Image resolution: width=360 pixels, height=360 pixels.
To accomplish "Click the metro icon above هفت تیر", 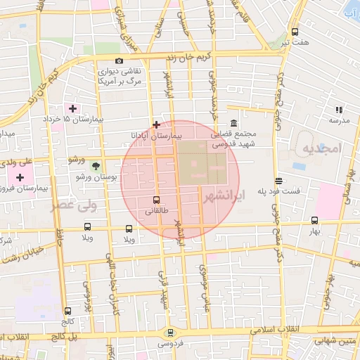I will [295, 32].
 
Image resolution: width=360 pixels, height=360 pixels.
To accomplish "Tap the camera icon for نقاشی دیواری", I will [119, 61].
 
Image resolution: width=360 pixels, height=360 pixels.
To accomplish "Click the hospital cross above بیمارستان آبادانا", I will [156, 124].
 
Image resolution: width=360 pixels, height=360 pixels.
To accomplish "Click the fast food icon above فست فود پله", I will [279, 180].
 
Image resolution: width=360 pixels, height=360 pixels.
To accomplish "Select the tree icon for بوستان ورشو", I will [94, 166].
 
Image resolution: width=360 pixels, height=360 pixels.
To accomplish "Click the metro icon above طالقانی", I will [156, 200].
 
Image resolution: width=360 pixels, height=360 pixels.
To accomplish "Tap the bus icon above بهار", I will [314, 219].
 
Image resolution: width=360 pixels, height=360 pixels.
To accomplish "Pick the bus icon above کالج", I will [67, 310].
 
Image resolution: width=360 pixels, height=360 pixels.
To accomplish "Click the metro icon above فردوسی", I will [169, 333].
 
